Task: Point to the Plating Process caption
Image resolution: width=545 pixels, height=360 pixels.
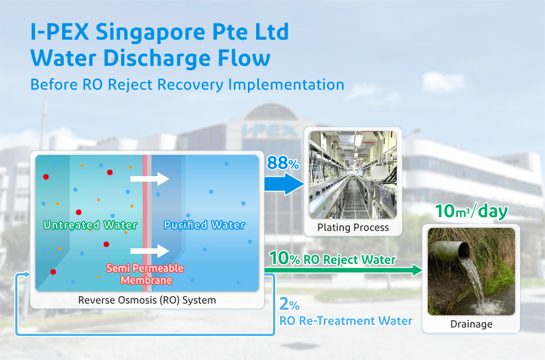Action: point(354,227)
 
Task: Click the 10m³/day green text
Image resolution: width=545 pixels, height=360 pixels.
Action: point(471,212)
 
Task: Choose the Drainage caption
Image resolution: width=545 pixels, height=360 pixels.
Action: point(471,324)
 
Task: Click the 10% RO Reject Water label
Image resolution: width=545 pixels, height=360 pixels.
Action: point(332,259)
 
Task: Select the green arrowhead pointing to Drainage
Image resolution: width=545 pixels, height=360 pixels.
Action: point(417,270)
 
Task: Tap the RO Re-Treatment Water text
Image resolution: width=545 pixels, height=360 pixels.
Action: point(346,321)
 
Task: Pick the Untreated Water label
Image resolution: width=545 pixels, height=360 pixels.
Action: point(90,225)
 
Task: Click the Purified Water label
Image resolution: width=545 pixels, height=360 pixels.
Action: point(204,225)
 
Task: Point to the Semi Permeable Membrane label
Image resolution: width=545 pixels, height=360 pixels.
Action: point(145,274)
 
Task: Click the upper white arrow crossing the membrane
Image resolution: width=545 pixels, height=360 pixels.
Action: point(150,178)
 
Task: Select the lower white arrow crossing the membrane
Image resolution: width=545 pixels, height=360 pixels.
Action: point(150,251)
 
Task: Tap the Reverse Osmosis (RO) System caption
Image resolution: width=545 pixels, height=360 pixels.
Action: point(147,300)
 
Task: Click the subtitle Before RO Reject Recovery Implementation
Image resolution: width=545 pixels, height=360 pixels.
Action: point(187,85)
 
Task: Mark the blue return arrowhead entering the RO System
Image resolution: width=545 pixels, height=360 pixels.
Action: point(23,276)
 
